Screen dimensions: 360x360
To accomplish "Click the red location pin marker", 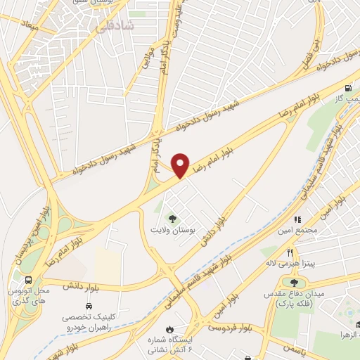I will pos(181,165).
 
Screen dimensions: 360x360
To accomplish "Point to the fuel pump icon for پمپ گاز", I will pos(347,89).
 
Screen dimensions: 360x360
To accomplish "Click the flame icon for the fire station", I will pos(169,329).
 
